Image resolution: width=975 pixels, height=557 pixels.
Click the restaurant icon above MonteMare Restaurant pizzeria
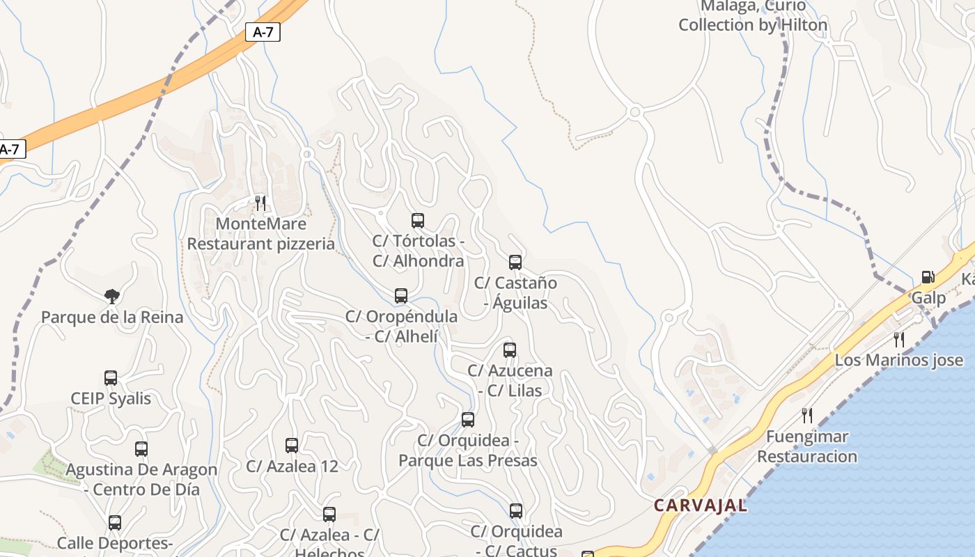click(x=260, y=203)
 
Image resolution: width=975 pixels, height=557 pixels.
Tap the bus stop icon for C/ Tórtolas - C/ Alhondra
click(x=418, y=221)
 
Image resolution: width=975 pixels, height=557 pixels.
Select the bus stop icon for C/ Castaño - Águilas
click(x=515, y=262)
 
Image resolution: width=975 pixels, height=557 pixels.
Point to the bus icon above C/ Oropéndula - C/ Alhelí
click(x=401, y=296)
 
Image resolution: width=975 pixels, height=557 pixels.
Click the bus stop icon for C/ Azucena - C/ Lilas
click(x=510, y=350)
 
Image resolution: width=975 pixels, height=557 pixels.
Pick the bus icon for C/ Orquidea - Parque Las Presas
click(x=468, y=420)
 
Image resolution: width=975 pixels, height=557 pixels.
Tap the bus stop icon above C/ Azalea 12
click(x=292, y=446)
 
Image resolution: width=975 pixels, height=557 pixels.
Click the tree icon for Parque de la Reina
click(x=111, y=297)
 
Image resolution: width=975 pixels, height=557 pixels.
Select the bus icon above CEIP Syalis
click(x=111, y=378)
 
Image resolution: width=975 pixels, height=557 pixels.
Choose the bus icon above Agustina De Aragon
click(x=141, y=449)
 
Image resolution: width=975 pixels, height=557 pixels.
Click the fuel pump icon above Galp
click(x=928, y=277)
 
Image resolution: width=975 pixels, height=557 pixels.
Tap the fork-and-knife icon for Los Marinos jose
click(x=899, y=339)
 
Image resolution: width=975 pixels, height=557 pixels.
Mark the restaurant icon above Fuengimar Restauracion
click(x=807, y=416)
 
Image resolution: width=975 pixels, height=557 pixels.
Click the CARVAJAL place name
click(x=701, y=505)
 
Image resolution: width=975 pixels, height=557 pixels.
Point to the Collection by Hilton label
click(x=753, y=25)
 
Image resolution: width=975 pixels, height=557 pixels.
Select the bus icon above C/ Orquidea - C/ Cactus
click(x=516, y=511)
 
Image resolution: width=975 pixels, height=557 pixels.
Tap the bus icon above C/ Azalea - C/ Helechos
click(x=329, y=515)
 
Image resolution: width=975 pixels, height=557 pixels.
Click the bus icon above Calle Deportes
click(x=115, y=522)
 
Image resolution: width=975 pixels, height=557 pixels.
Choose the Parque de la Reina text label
click(x=112, y=317)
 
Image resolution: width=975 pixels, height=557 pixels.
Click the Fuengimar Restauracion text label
click(x=807, y=447)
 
